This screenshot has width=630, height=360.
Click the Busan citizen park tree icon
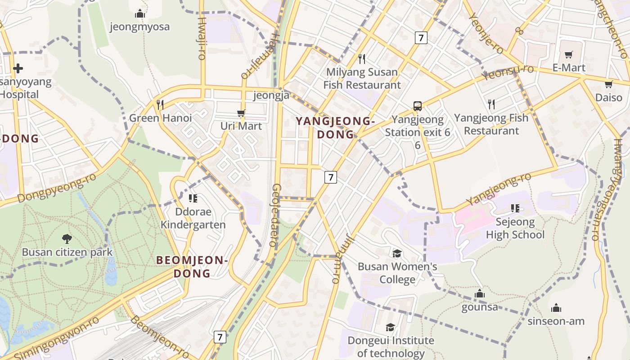click(67, 238)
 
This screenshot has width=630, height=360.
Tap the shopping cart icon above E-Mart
click(569, 54)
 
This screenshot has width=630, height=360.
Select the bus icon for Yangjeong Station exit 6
click(418, 106)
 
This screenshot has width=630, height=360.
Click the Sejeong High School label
click(515, 228)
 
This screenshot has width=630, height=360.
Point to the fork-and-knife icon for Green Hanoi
click(160, 104)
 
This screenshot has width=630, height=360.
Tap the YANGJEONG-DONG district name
click(335, 127)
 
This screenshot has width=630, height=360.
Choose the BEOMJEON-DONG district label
click(192, 266)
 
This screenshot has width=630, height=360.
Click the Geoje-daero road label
click(275, 215)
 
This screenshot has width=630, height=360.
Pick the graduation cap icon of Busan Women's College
click(397, 253)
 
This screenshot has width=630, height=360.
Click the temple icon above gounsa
click(480, 294)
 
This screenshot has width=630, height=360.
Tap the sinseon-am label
click(556, 321)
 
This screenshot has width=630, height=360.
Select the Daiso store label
click(609, 97)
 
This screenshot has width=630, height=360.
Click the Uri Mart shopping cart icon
click(241, 113)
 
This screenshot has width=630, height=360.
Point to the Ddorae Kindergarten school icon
click(193, 198)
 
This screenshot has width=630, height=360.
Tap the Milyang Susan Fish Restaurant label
click(362, 78)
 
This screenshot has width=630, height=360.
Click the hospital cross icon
click(18, 68)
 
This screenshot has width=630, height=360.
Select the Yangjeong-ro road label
click(499, 189)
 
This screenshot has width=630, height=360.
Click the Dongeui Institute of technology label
click(391, 346)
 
